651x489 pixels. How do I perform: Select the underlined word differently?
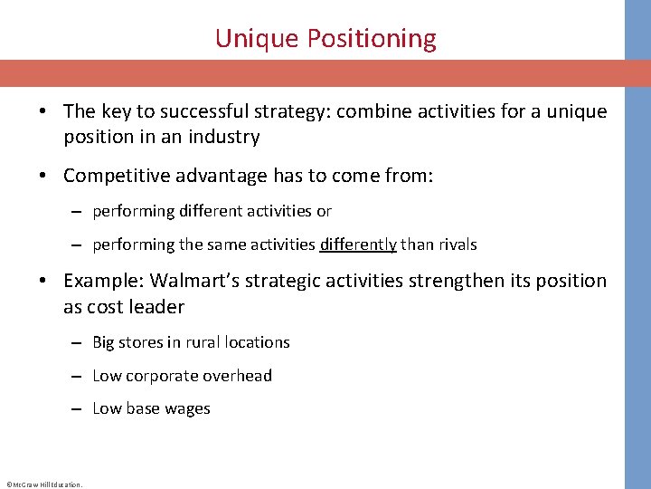tap(358, 244)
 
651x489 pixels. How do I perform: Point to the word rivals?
tap(457, 244)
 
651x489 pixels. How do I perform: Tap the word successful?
tap(197, 111)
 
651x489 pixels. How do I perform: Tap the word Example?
tap(102, 281)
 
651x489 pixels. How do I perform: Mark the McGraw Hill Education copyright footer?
tap(43, 484)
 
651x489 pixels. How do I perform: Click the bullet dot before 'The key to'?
tap(43, 112)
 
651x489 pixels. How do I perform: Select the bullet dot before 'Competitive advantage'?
tap(43, 176)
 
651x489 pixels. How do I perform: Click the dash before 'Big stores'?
tap(80, 343)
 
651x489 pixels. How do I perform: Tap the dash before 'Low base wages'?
tap(80, 409)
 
